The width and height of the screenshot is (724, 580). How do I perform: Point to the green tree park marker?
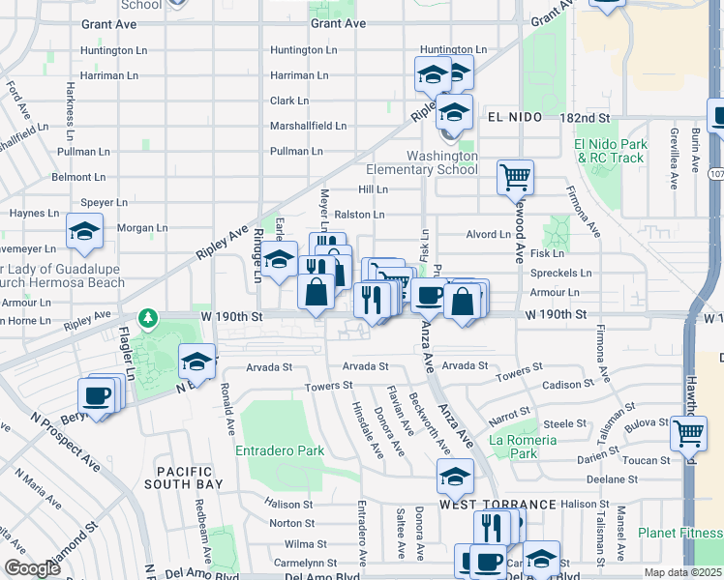(x=147, y=317)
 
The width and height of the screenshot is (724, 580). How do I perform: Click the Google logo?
(x=33, y=568)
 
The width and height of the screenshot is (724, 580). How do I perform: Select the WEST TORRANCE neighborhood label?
(x=498, y=505)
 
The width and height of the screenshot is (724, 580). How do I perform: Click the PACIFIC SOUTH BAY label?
(x=184, y=476)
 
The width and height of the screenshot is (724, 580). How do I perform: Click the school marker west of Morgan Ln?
(x=84, y=231)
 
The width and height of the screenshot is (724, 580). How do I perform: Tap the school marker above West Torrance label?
(x=454, y=477)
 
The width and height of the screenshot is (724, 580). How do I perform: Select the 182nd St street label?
(x=588, y=117)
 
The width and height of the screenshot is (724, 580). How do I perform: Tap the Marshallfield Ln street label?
(x=308, y=126)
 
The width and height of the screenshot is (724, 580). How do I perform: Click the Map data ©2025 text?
(x=682, y=572)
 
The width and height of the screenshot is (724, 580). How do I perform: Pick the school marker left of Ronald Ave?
(x=196, y=362)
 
